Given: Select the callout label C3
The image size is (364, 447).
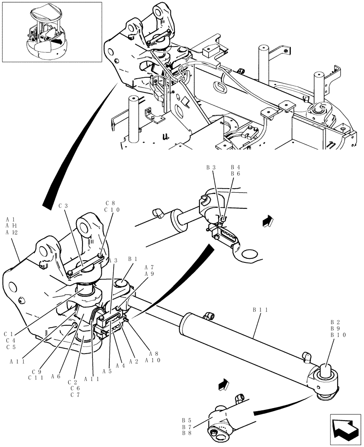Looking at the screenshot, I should [x=63, y=206].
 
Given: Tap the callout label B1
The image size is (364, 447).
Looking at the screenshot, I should [x=132, y=259].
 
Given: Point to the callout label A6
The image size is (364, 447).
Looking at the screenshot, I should [x=56, y=376].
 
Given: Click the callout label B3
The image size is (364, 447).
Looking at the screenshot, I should [x=211, y=167].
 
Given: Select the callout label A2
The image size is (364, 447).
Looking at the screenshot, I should [x=133, y=361].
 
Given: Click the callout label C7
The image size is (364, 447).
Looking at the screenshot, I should [x=74, y=395].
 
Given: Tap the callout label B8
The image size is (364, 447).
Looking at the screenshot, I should [x=187, y=433].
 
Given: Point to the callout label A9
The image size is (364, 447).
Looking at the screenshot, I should [x=149, y=274].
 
